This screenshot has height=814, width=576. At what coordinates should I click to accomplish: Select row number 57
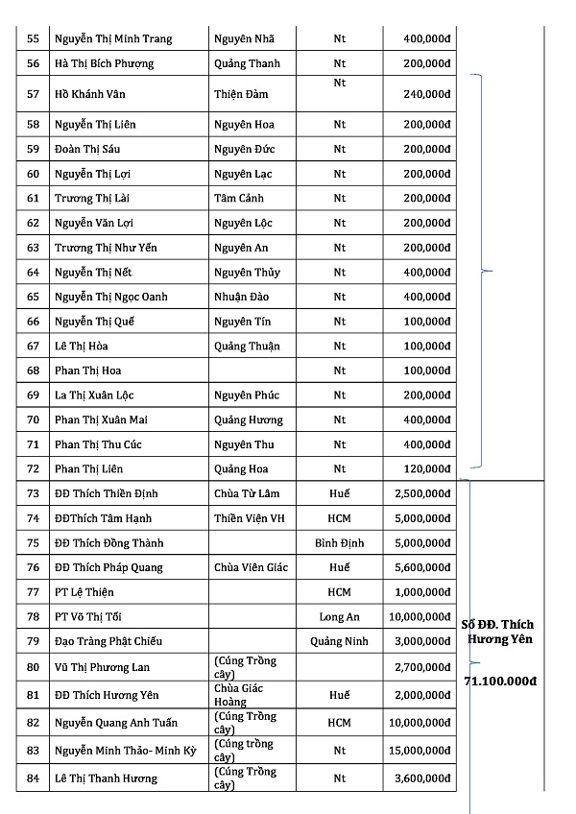pyautogui.click(x=34, y=94)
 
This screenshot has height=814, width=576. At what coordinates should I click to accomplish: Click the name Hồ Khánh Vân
pyautogui.click(x=90, y=94)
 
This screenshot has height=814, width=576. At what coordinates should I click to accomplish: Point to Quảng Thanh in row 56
pyautogui.click(x=247, y=63)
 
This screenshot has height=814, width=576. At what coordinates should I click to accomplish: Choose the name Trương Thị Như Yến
pyautogui.click(x=106, y=248)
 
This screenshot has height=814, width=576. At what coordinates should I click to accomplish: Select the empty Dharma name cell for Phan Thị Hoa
pyautogui.click(x=252, y=371)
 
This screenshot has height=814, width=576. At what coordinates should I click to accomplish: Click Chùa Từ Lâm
pyautogui.click(x=248, y=493)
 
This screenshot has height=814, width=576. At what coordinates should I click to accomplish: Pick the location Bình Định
pyautogui.click(x=340, y=543)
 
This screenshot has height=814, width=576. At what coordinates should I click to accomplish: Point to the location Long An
pyautogui.click(x=340, y=616)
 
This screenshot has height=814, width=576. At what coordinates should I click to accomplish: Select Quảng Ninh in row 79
pyautogui.click(x=340, y=641)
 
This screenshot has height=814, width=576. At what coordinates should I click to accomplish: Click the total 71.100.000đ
pyautogui.click(x=499, y=681)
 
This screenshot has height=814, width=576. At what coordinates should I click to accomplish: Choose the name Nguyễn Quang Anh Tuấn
pyautogui.click(x=109, y=723)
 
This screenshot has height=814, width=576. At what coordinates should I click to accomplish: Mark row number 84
pyautogui.click(x=34, y=778)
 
